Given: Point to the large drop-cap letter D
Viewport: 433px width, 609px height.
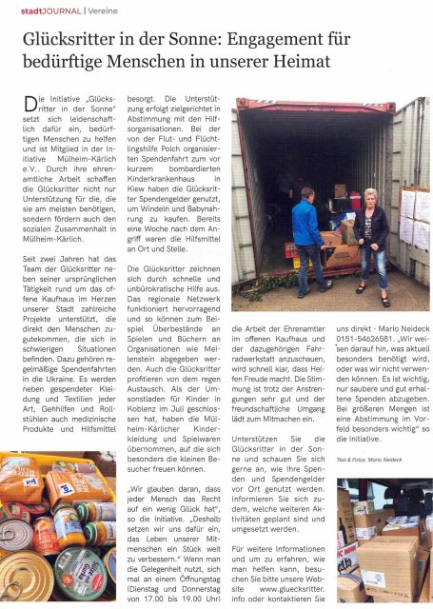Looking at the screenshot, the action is point(28,104).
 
